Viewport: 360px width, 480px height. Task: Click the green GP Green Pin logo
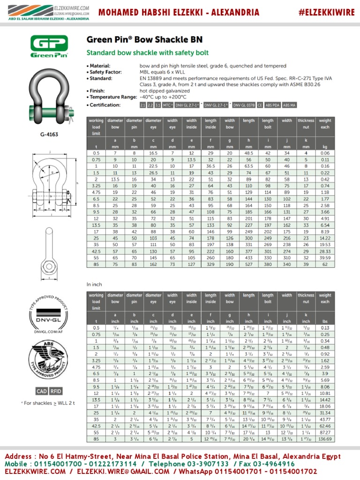pyautogui.click(x=49, y=47)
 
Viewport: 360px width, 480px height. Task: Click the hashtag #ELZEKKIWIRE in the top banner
pyautogui.click(x=327, y=13)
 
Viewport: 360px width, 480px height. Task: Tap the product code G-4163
pyautogui.click(x=49, y=135)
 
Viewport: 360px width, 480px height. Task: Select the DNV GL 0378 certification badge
pyautogui.click(x=244, y=105)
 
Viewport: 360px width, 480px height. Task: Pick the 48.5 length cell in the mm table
pyautogui.click(x=248, y=153)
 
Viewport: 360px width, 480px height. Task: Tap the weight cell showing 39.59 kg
pyautogui.click(x=325, y=257)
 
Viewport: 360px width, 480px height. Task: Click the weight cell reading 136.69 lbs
pyautogui.click(x=325, y=439)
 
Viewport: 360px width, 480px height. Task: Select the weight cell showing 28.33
pyautogui.click(x=325, y=251)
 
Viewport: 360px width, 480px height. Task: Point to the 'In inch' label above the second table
pyautogui.click(x=95, y=285)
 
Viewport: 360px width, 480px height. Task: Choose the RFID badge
pyautogui.click(x=56, y=391)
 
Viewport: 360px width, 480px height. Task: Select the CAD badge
pyautogui.click(x=42, y=391)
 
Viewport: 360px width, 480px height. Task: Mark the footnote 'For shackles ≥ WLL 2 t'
pyautogui.click(x=49, y=403)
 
